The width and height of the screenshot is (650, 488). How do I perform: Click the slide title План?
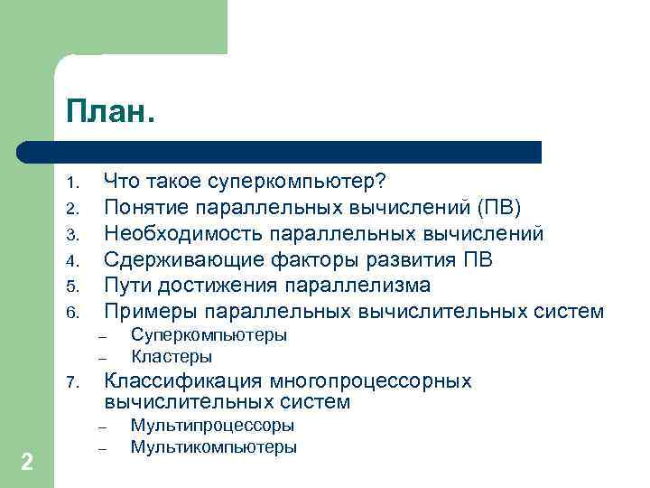[x=109, y=114]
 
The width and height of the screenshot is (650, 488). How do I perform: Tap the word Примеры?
[x=151, y=312]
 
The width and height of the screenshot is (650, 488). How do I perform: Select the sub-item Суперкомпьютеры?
[x=209, y=335]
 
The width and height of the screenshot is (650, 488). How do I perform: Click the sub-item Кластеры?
[x=172, y=357]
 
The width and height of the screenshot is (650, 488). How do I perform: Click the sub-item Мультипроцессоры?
[x=212, y=426]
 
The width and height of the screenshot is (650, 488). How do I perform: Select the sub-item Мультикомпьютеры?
[x=213, y=447]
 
